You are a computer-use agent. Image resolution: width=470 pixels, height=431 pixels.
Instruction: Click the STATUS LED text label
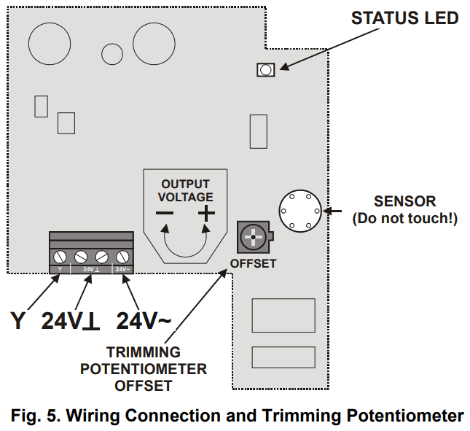click(404, 18)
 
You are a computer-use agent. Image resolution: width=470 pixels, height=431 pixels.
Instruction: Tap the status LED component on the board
click(265, 70)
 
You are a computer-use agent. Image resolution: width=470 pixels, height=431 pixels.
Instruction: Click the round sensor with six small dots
click(299, 211)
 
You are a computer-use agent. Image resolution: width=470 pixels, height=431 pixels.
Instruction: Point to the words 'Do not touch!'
click(404, 218)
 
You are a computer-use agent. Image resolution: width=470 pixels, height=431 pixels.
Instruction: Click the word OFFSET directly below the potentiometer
click(253, 263)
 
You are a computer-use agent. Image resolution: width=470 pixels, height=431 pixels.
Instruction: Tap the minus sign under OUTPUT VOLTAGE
click(165, 214)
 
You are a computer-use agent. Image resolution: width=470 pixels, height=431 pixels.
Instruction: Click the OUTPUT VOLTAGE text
click(186, 190)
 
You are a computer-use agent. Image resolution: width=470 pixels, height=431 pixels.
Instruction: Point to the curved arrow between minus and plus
click(186, 244)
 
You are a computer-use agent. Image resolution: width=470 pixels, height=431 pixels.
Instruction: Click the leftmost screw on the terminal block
click(60, 256)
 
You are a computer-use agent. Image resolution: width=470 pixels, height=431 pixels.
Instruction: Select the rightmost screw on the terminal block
click(123, 256)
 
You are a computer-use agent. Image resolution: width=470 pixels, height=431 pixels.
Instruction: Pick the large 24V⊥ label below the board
click(71, 320)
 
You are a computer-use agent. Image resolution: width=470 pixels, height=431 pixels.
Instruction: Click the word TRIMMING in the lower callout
click(144, 352)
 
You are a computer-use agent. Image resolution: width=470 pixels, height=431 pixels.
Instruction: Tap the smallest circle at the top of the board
click(112, 53)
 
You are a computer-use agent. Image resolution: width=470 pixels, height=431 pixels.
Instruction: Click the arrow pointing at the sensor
click(332, 211)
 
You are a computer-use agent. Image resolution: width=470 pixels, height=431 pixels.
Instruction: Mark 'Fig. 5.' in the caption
click(36, 416)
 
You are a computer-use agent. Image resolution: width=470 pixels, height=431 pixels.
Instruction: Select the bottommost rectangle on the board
click(283, 357)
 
